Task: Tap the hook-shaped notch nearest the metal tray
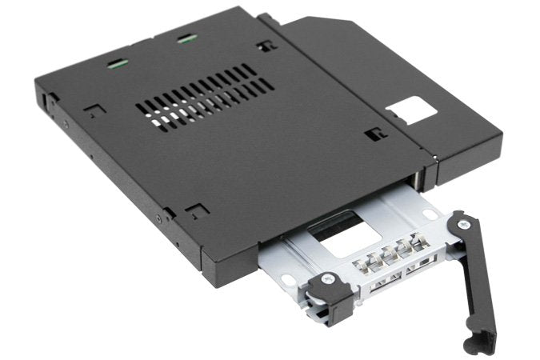click(x=193, y=210)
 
